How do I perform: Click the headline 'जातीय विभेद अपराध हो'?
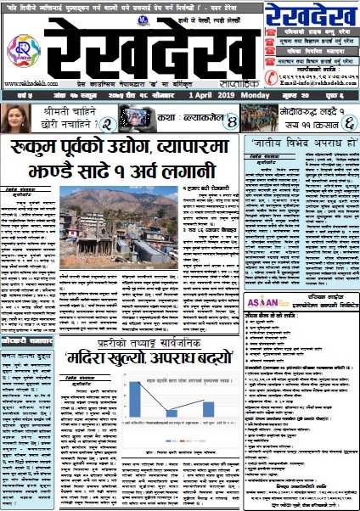coord(300,142)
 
